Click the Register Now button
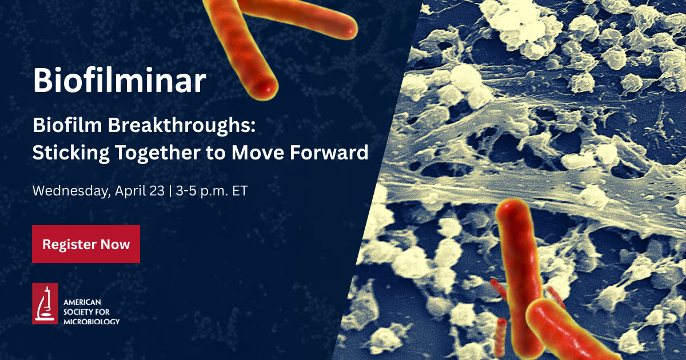click(86, 244)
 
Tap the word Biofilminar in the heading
click(119, 80)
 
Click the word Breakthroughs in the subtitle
click(182, 126)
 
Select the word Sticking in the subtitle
click(71, 153)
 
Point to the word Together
click(157, 153)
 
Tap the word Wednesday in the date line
click(71, 191)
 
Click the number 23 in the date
click(157, 191)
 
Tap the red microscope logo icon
click(45, 303)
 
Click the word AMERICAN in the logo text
click(82, 302)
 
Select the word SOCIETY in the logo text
click(77, 312)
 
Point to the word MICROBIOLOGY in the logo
click(91, 321)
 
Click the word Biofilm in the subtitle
click(67, 125)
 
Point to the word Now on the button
click(115, 245)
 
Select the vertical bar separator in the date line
click(170, 191)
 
